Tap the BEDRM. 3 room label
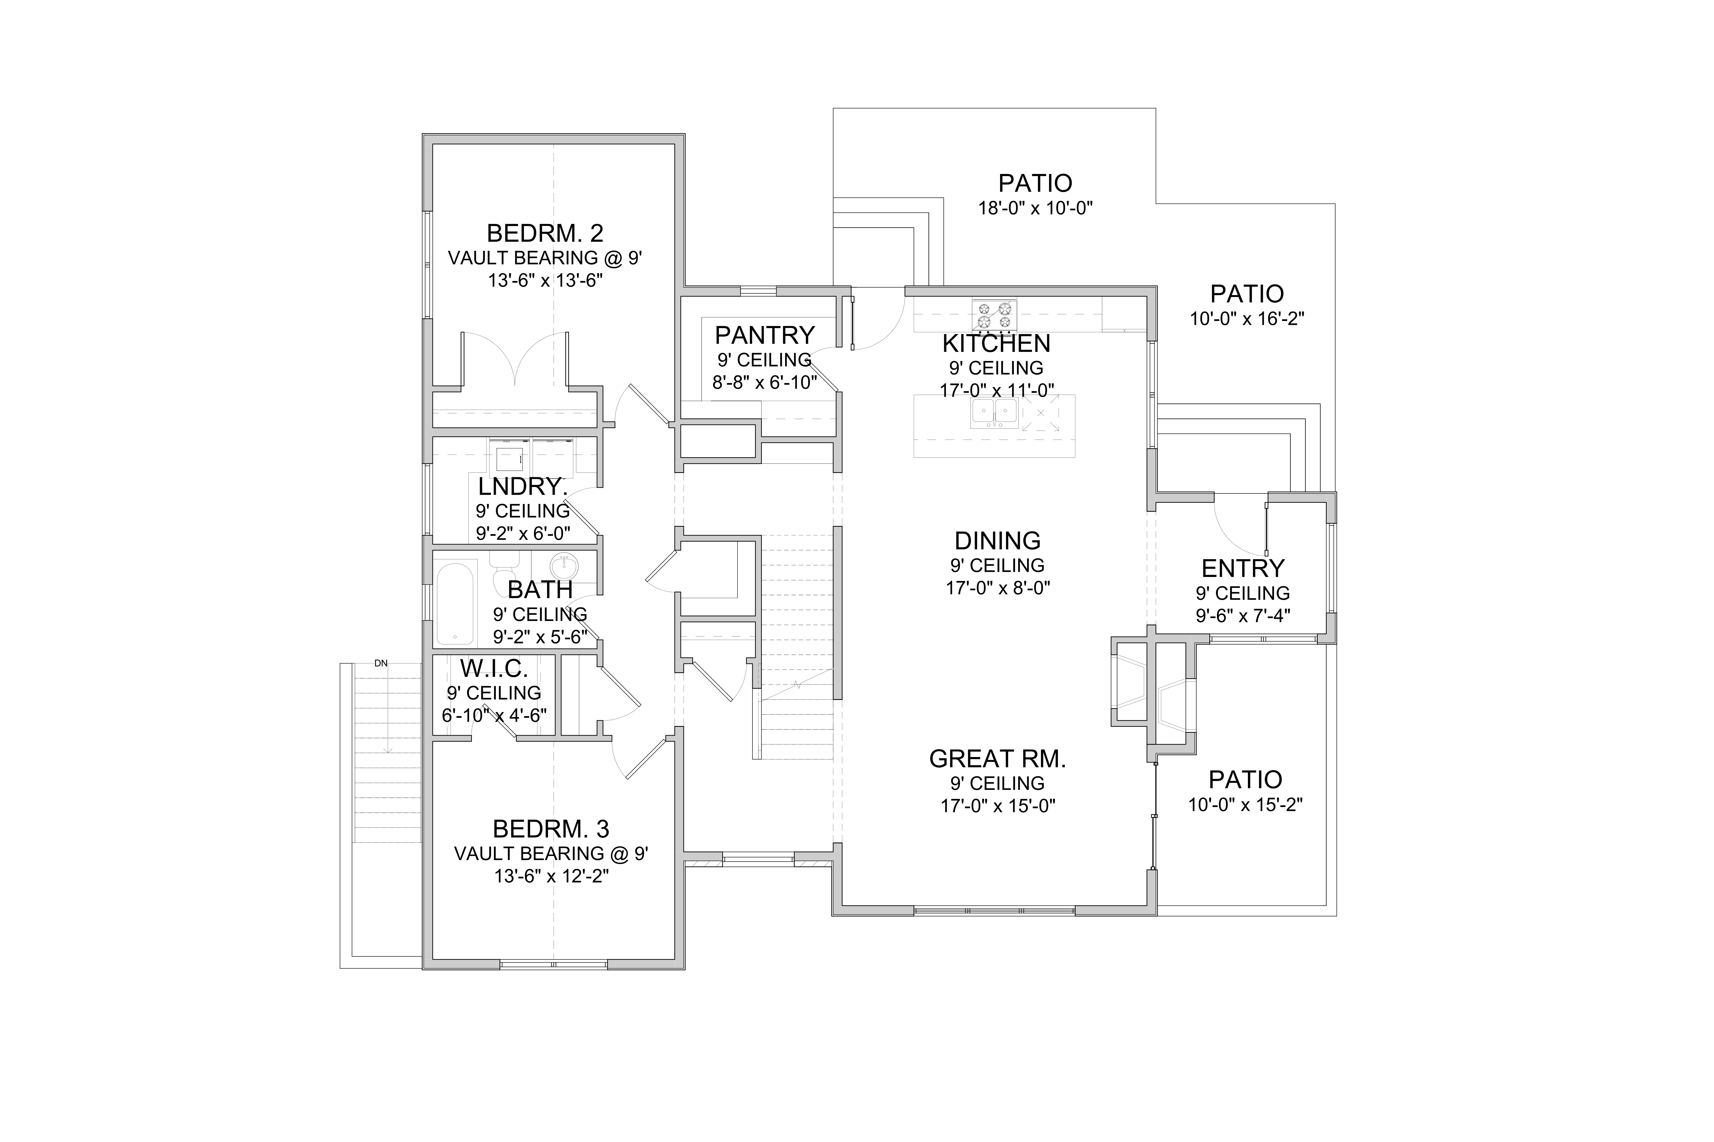[551, 829]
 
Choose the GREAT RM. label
[998, 759]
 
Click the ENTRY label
[1242, 568]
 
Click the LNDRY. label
[523, 487]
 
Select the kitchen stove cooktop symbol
[994, 315]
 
